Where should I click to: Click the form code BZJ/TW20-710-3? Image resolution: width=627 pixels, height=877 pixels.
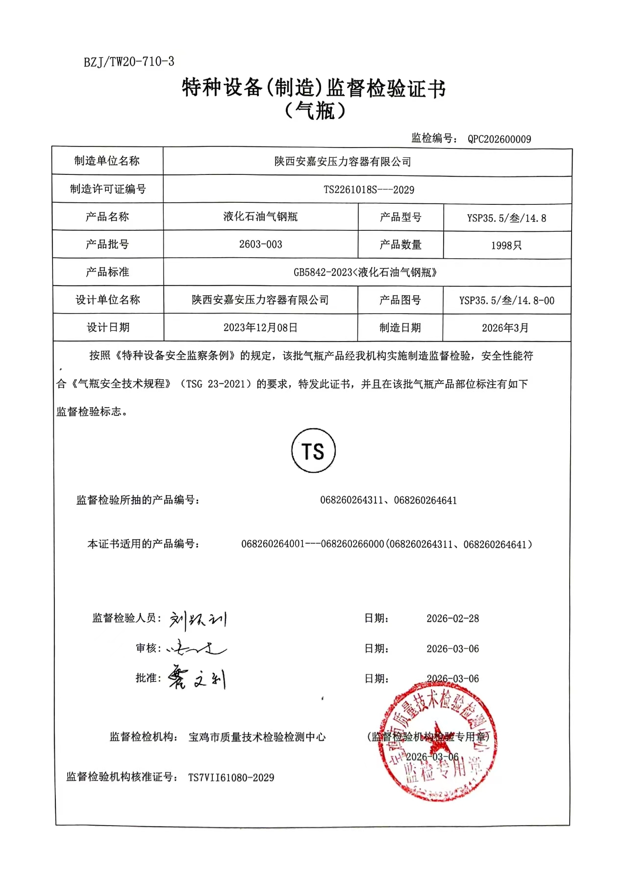click(x=129, y=62)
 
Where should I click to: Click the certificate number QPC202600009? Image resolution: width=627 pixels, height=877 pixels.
click(x=499, y=139)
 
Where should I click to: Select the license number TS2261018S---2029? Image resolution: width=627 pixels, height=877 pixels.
click(x=369, y=190)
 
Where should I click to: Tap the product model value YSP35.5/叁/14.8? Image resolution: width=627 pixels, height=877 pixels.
click(x=506, y=218)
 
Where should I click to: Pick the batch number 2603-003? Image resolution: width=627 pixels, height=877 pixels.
click(x=260, y=244)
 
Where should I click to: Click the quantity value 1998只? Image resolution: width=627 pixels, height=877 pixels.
click(x=506, y=245)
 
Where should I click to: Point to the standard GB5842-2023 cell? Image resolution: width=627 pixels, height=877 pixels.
click(x=365, y=272)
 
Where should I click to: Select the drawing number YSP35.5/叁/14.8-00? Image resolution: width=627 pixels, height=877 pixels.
click(x=506, y=300)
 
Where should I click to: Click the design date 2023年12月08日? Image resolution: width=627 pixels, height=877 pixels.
click(x=260, y=327)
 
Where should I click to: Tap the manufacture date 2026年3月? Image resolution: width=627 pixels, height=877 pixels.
click(x=505, y=328)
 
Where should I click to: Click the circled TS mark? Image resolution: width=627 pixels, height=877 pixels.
click(x=313, y=451)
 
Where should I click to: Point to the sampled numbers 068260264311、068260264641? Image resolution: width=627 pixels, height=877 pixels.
click(x=388, y=500)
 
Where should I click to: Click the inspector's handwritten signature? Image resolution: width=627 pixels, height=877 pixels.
click(x=198, y=620)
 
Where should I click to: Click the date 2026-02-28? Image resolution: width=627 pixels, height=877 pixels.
click(x=452, y=618)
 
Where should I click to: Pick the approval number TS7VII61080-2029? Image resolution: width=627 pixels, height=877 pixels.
click(x=231, y=778)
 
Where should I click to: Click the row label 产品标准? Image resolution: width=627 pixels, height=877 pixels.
click(x=107, y=272)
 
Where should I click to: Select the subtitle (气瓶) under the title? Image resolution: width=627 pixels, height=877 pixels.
click(x=314, y=111)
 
